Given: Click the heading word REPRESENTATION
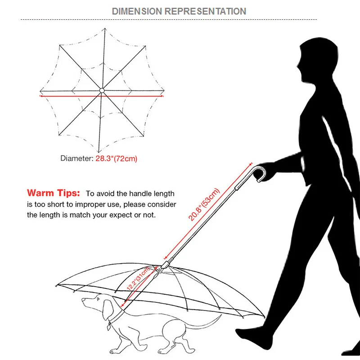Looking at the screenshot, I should (x=205, y=11).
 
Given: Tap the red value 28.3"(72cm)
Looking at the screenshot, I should (x=117, y=158).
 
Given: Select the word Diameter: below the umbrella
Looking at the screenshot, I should (x=77, y=158).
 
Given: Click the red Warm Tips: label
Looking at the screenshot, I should (x=54, y=193).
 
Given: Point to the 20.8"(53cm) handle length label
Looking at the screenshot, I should (x=205, y=204).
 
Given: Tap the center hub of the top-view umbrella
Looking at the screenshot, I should (x=102, y=90).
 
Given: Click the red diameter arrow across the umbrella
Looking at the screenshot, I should (x=102, y=95).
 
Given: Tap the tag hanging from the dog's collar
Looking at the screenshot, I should (x=109, y=327).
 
